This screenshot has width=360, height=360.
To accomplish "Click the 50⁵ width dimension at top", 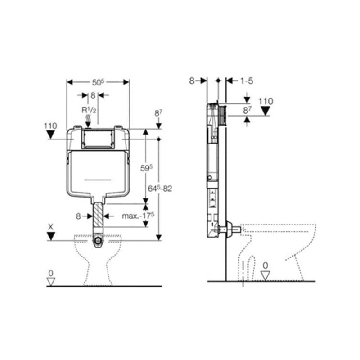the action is pos(98,82).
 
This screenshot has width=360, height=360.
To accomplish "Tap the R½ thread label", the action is pos(89,110).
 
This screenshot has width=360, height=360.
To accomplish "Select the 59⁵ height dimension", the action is pos(147,168).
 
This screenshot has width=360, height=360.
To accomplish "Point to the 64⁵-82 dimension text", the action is pos(160,189).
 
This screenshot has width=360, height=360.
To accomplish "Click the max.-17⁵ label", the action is pos(138,216).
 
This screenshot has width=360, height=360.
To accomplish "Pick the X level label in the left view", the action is pos(50,227).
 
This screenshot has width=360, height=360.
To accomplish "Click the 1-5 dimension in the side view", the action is pos(247,81).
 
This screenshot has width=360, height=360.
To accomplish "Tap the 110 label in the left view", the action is pos(50,126).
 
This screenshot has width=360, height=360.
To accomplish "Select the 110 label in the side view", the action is pos(265,101).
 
